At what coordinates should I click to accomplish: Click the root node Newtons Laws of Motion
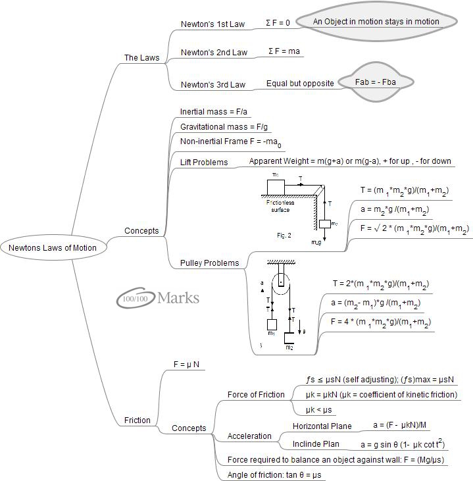[x=53, y=248]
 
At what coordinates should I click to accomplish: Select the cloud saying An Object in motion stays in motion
[x=376, y=22]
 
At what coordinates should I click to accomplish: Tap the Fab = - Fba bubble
[x=375, y=82]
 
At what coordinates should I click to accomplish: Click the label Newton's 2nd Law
[x=214, y=53]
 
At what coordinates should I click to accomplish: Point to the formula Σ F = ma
[x=285, y=51]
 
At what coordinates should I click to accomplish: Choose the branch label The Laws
[x=141, y=58]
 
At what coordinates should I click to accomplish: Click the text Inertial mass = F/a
[x=212, y=112]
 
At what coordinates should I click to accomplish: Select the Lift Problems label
[x=204, y=162]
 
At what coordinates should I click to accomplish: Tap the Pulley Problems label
[x=209, y=263]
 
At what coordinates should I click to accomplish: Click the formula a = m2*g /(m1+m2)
[x=395, y=210]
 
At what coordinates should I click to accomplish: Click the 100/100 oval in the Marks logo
[x=134, y=299]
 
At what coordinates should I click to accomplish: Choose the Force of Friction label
[x=256, y=395]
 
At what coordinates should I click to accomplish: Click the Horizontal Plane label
[x=322, y=426]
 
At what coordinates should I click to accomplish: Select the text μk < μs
[x=319, y=410]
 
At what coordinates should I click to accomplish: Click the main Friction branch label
[x=137, y=420]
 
